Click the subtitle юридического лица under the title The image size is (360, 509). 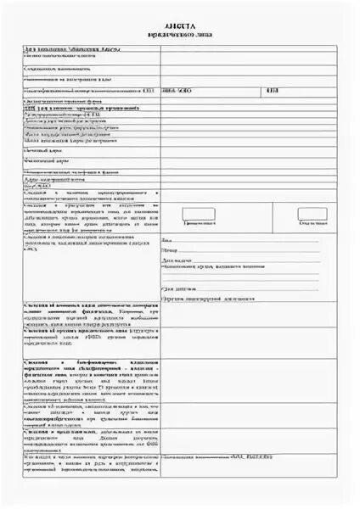[x=180, y=36]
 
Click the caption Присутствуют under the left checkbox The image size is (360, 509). [x=200, y=222]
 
